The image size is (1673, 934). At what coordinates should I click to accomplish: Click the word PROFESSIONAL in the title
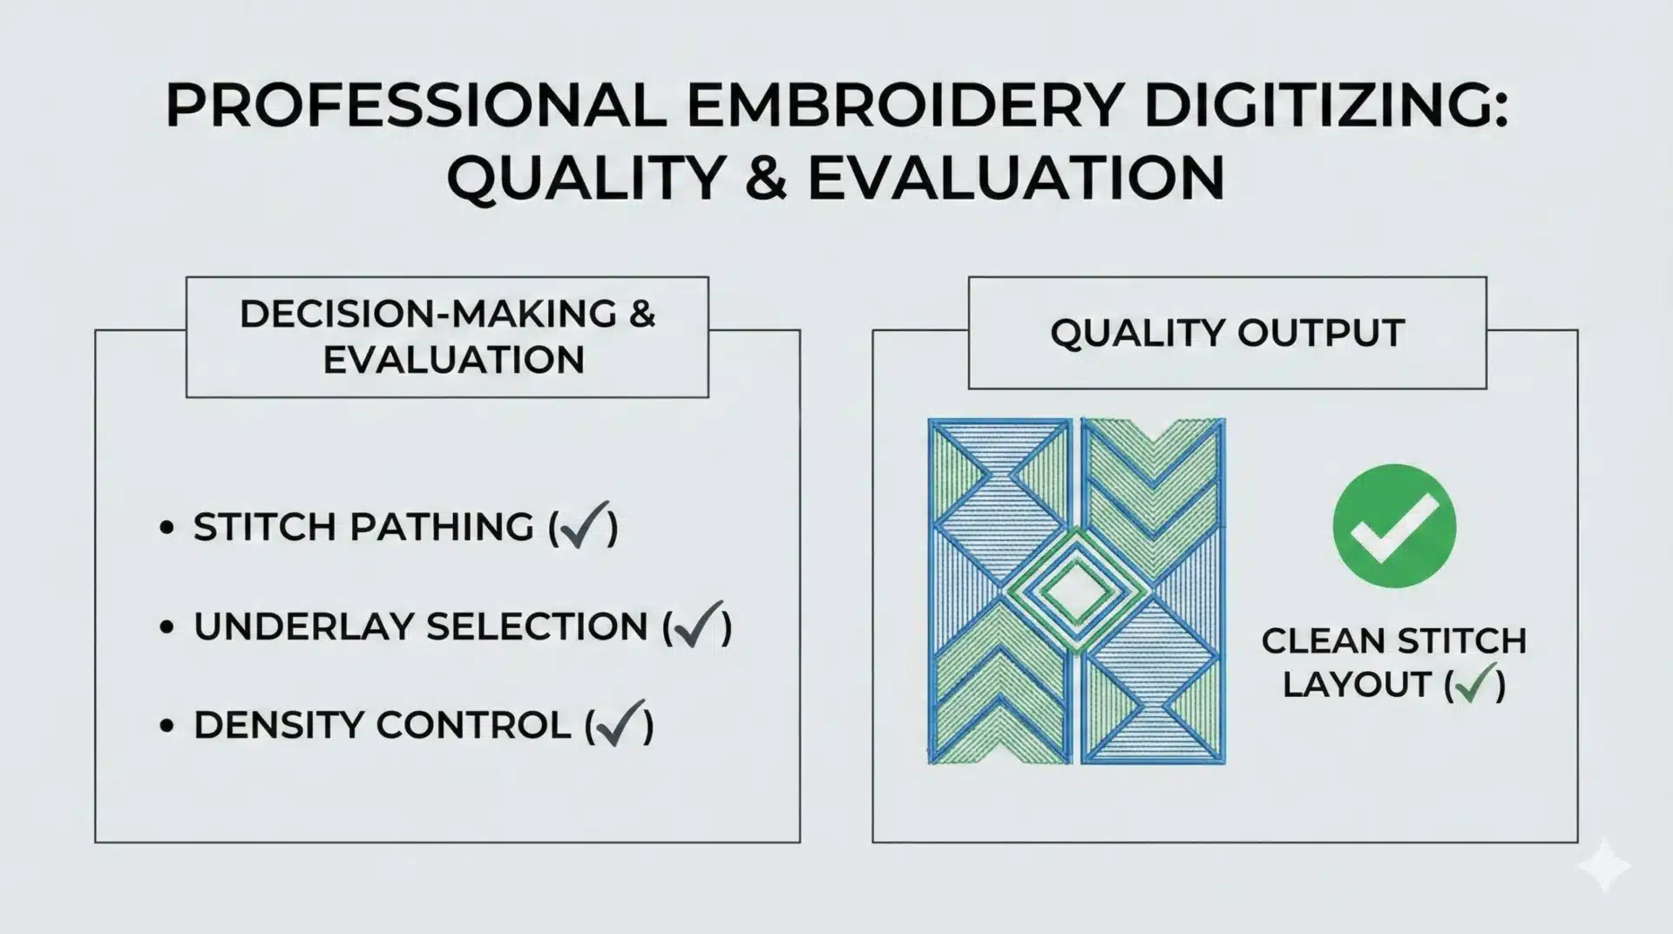(x=416, y=107)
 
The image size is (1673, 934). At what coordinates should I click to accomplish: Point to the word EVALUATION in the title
(x=1016, y=179)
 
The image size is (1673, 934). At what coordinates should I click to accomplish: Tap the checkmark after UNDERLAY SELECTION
(x=697, y=625)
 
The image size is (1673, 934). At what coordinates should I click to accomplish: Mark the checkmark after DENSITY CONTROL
(x=620, y=724)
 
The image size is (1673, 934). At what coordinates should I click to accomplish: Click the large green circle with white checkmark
(x=1394, y=525)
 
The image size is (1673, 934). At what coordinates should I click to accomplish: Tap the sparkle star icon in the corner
(x=1604, y=866)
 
